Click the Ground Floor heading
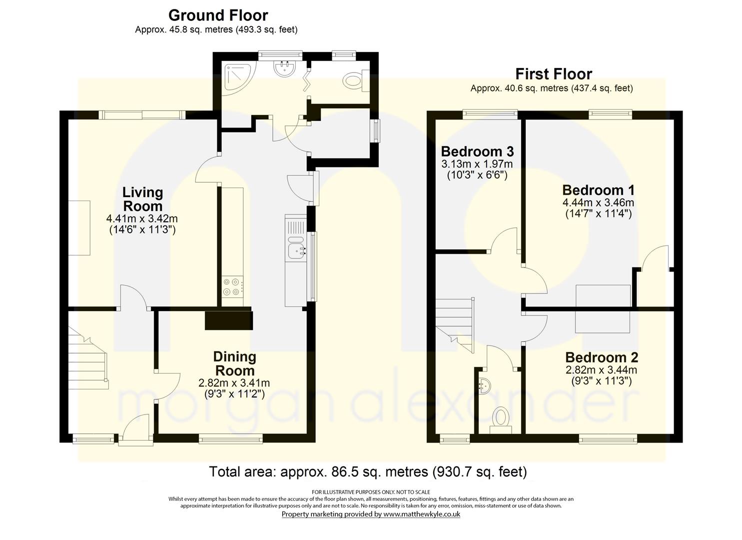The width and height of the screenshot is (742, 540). pyautogui.click(x=218, y=15)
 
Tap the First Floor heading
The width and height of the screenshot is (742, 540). pyautogui.click(x=554, y=74)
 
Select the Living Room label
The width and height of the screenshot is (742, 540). pyautogui.click(x=143, y=199)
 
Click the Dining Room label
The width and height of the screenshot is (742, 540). pyautogui.click(x=234, y=363)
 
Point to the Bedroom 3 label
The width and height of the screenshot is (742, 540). pyautogui.click(x=477, y=151)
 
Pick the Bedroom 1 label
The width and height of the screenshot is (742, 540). pyautogui.click(x=598, y=190)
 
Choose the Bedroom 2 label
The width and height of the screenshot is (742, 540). pyautogui.click(x=602, y=357)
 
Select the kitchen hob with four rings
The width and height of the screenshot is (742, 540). pyautogui.click(x=232, y=287)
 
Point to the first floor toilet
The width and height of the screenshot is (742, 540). pyautogui.click(x=501, y=420)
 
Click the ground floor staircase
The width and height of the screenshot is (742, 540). pyautogui.click(x=88, y=358)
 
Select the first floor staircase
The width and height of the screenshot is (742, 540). pyautogui.click(x=455, y=325)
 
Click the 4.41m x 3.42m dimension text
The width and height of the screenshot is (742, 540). pyautogui.click(x=142, y=219)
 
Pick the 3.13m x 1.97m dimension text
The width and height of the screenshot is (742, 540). pyautogui.click(x=477, y=164)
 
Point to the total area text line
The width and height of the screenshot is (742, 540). pyautogui.click(x=368, y=471)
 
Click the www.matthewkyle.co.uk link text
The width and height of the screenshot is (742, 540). pyautogui.click(x=422, y=514)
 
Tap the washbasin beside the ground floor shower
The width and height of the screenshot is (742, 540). pyautogui.click(x=284, y=68)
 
